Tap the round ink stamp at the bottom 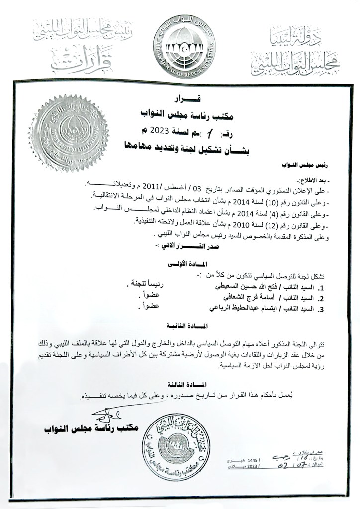(180, 441)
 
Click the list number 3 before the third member (321, 311)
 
